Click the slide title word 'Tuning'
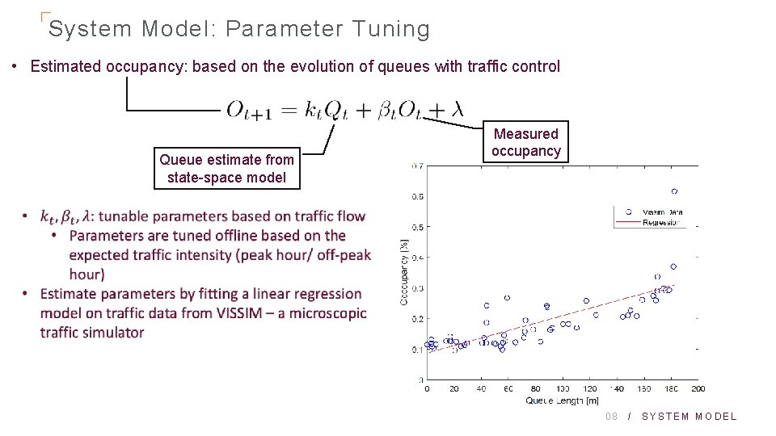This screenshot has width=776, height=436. point(391,29)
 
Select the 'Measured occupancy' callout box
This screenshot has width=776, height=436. point(525,142)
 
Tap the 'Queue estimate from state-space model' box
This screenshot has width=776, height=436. point(226,169)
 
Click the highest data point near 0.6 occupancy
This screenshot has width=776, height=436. point(674,191)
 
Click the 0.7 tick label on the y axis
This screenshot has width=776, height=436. point(417,166)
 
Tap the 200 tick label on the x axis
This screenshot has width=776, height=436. point(698,389)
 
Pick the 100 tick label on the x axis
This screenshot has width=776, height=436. point(563,389)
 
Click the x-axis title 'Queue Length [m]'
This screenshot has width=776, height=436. point(563,400)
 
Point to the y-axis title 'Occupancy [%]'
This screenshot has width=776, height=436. point(403,272)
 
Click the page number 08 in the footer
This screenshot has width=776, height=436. point(612,417)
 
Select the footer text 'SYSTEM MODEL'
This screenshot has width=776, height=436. point(690,417)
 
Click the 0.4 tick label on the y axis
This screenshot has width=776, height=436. point(417,258)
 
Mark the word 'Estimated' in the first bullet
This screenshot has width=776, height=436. point(66,66)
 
